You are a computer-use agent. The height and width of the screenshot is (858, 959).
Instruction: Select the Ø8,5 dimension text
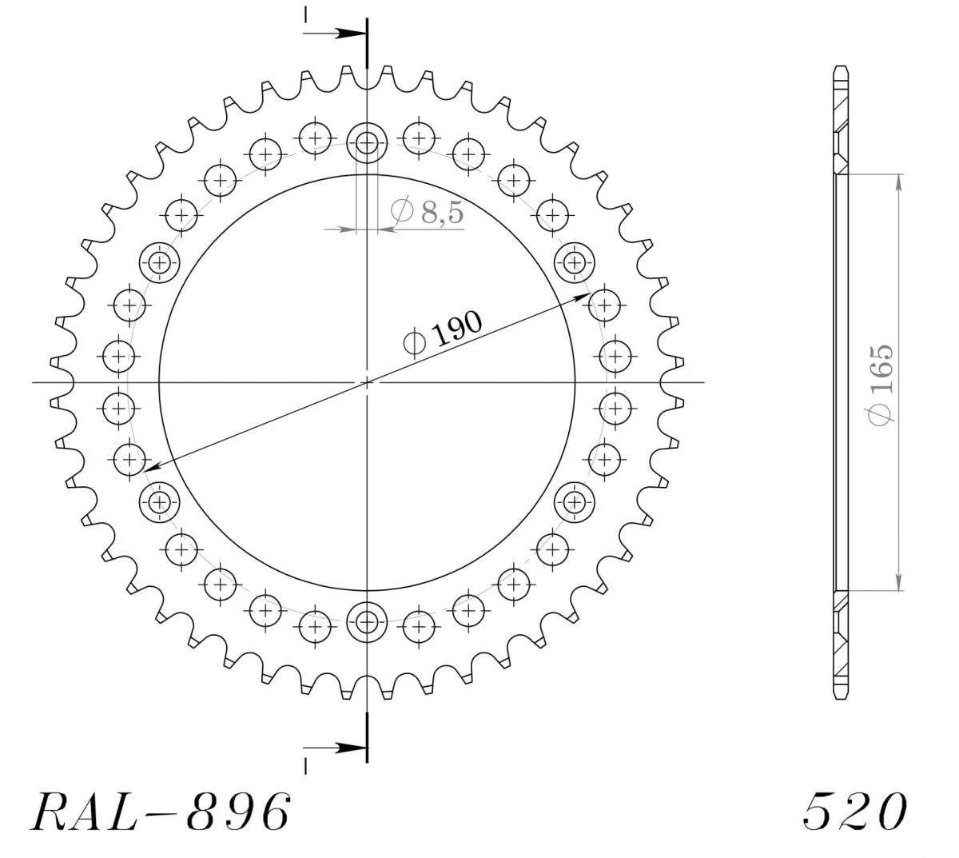coord(428,211)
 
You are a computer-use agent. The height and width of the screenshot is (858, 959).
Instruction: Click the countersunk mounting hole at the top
coord(367,142)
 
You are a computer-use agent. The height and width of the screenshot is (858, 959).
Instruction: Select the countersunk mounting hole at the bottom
coord(367,622)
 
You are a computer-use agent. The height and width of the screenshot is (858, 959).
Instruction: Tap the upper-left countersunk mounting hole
coord(160,262)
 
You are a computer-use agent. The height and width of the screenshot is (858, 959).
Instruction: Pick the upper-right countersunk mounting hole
coord(574,262)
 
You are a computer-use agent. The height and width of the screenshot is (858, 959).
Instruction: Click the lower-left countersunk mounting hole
coord(160,501)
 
